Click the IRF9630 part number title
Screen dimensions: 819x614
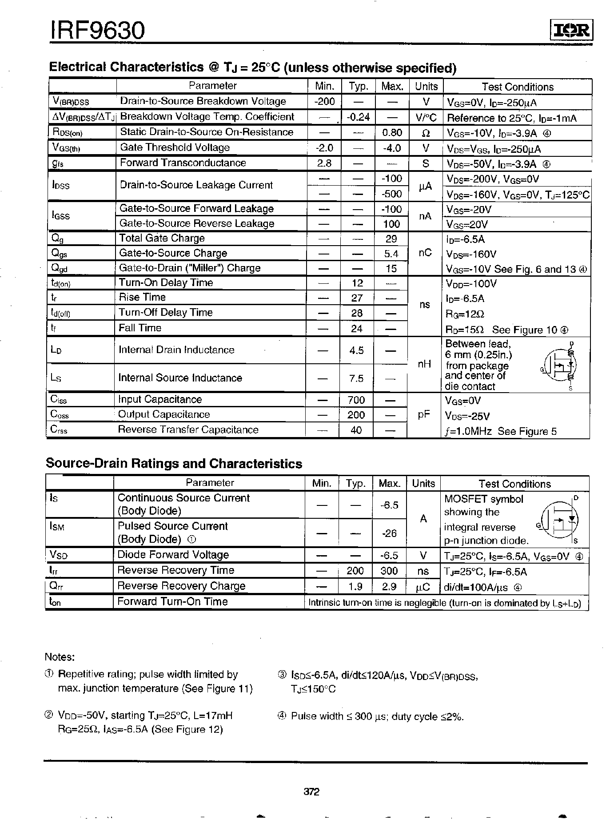pyautogui.click(x=97, y=30)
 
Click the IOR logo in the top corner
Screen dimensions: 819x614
pyautogui.click(x=572, y=30)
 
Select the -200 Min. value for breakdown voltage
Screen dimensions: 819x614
pyautogui.click(x=324, y=101)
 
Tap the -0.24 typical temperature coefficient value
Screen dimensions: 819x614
pyautogui.click(x=358, y=117)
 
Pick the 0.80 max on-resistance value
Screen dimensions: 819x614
pyautogui.click(x=392, y=132)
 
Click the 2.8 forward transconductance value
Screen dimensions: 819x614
pyautogui.click(x=324, y=163)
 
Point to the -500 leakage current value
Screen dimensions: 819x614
pyautogui.click(x=391, y=194)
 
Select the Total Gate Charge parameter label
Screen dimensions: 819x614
pyautogui.click(x=162, y=239)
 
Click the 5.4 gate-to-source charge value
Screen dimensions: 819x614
pyautogui.click(x=391, y=254)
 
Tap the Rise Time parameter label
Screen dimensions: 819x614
pyautogui.click(x=142, y=298)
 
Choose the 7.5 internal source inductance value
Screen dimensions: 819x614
pyautogui.click(x=356, y=378)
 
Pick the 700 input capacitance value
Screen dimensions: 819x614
pyautogui.click(x=356, y=400)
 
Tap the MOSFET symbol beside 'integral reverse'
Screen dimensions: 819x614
pyautogui.click(x=561, y=519)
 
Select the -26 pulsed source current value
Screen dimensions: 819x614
pyautogui.click(x=389, y=533)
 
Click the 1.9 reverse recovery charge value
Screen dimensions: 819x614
pyautogui.click(x=355, y=587)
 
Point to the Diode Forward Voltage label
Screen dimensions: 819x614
pyautogui.click(x=173, y=555)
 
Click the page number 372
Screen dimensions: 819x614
pyautogui.click(x=311, y=791)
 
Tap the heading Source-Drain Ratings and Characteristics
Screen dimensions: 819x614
pyautogui.click(x=174, y=464)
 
